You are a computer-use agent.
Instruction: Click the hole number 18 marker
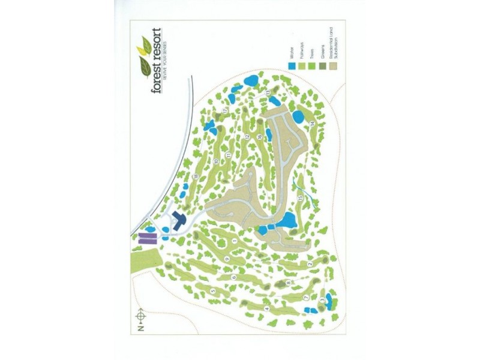click(196, 175)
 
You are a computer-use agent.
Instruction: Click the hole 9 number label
click(226, 258)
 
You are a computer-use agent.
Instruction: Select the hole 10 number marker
click(215, 161)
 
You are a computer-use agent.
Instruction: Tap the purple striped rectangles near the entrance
click(145, 239)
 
